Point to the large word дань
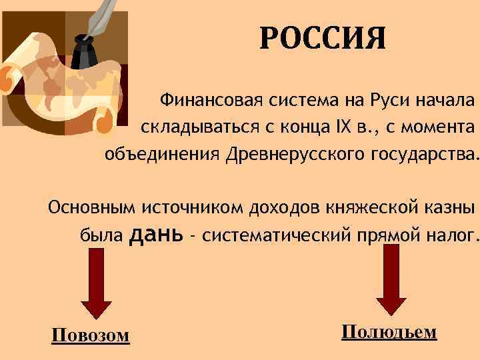[x=159, y=233]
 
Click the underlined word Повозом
[x=90, y=334]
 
